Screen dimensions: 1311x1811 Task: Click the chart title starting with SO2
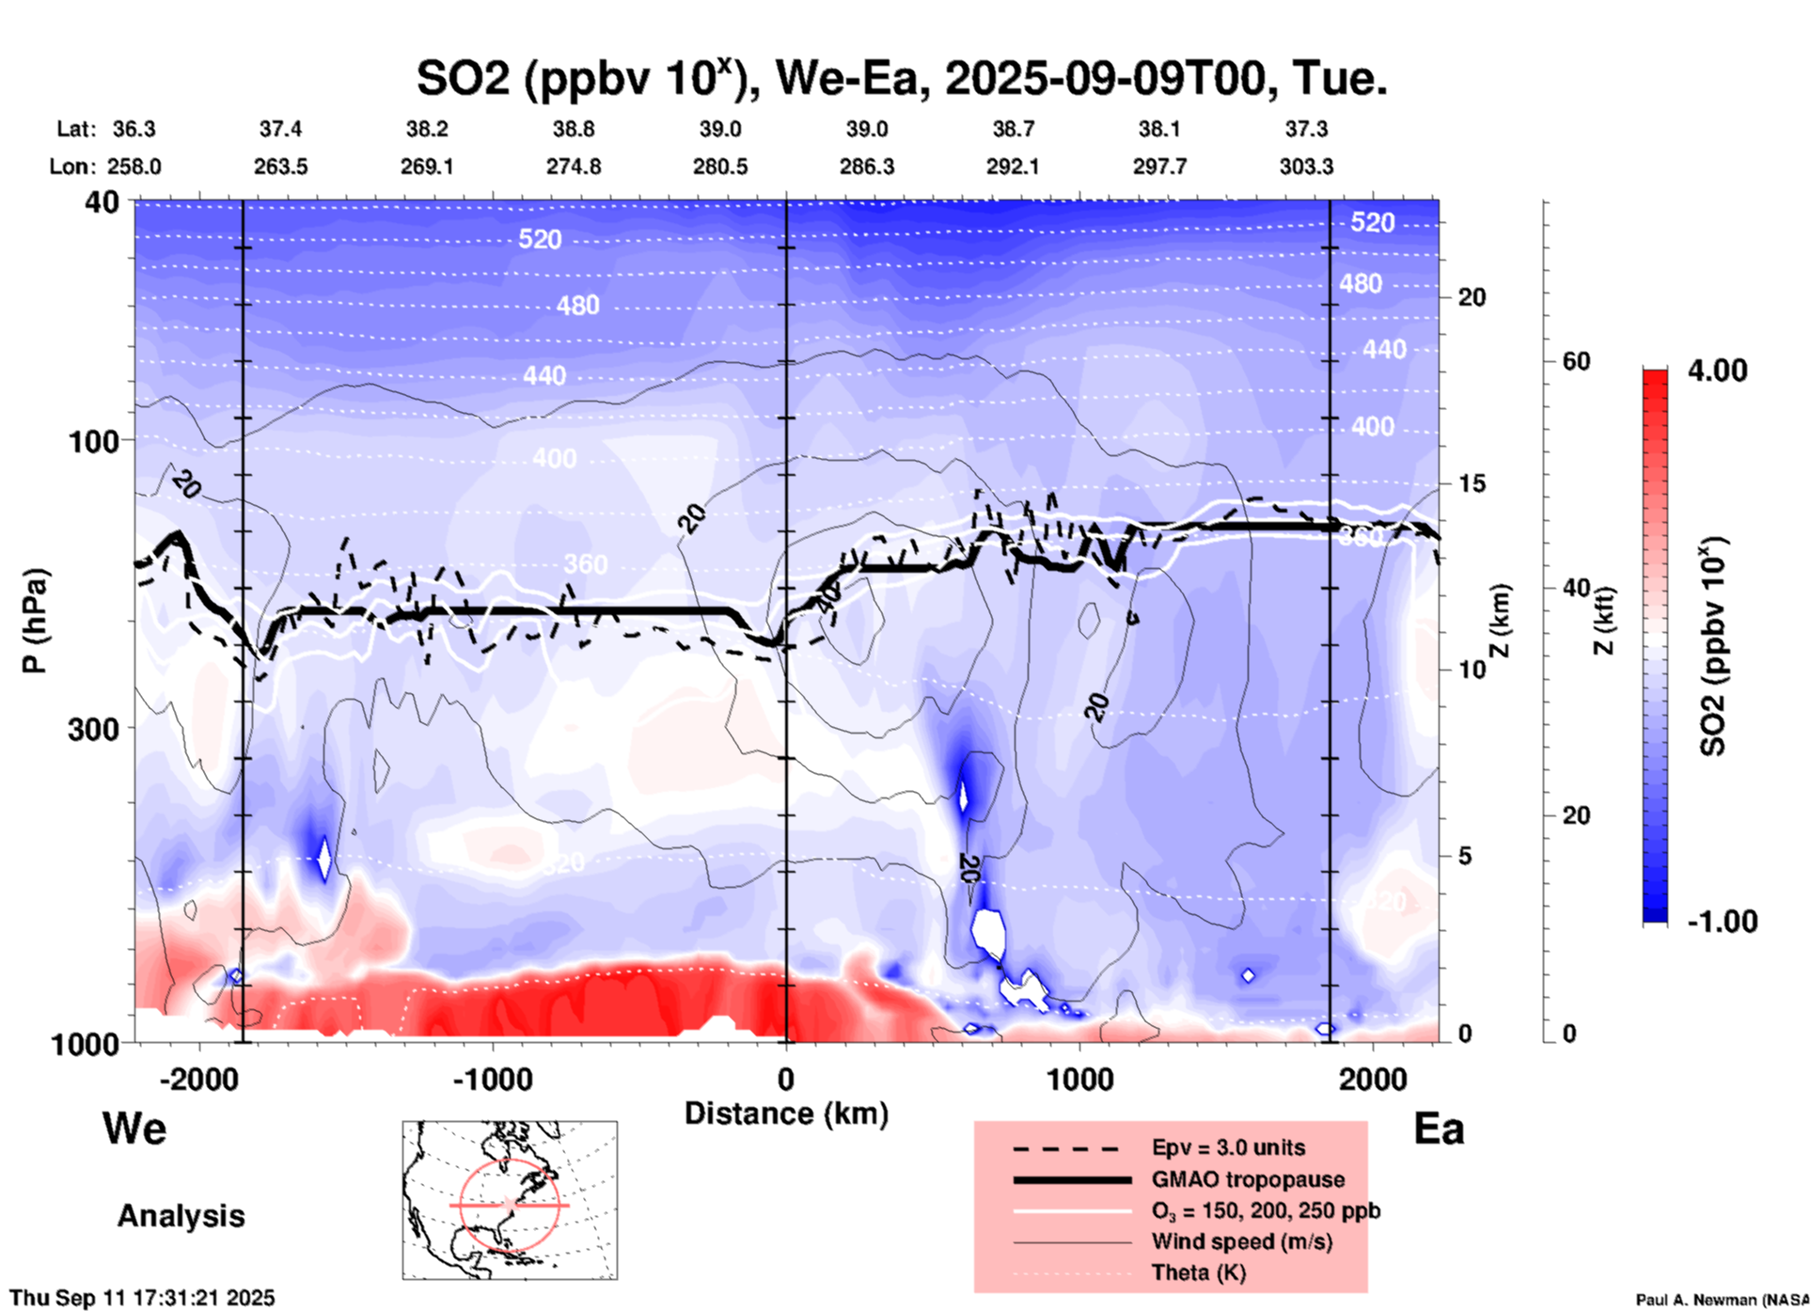tap(901, 78)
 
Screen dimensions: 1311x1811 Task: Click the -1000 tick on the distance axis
tap(494, 1079)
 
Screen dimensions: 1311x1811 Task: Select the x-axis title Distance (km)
tap(786, 1114)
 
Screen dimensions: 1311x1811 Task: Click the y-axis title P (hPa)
tap(34, 621)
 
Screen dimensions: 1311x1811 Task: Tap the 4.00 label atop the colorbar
tap(1717, 371)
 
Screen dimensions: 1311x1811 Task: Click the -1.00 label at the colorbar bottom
tap(1722, 922)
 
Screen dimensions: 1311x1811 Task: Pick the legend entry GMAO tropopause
tap(1248, 1179)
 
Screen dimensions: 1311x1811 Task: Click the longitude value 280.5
tap(720, 166)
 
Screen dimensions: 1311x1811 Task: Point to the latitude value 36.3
tap(134, 129)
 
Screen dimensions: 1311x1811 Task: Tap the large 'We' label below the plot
tap(134, 1129)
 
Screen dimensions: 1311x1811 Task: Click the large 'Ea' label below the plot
tap(1439, 1129)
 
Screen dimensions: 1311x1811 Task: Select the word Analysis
tap(181, 1216)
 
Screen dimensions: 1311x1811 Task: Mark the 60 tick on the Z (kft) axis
tap(1577, 361)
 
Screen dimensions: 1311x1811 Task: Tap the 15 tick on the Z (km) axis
tap(1472, 483)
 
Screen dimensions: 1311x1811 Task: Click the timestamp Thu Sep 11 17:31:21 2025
tap(142, 1298)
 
